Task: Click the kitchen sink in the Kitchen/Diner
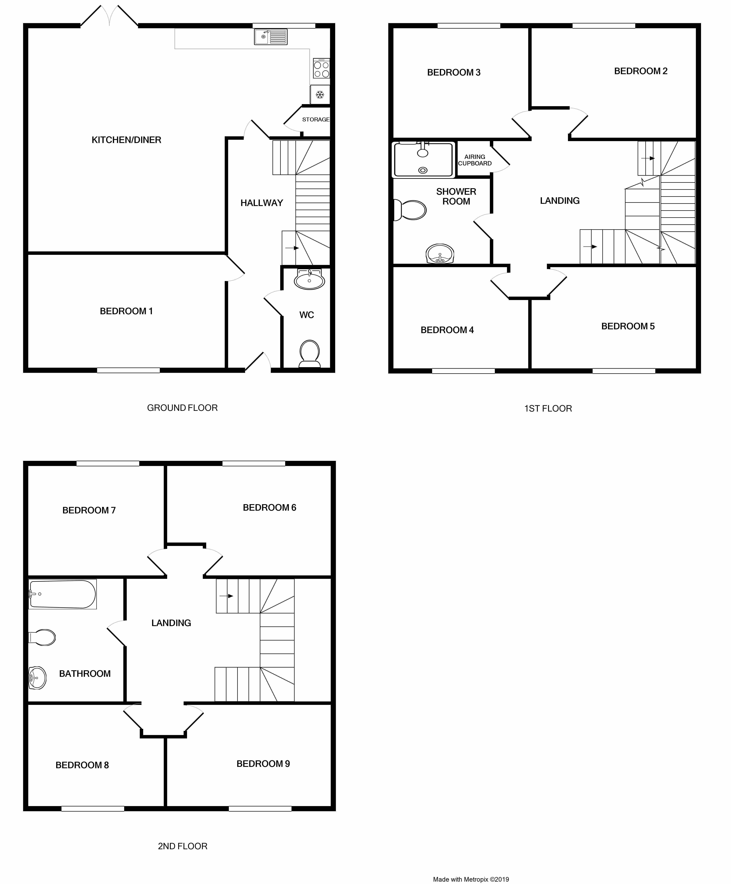pyautogui.click(x=271, y=37)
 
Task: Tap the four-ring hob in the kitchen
pyautogui.click(x=321, y=68)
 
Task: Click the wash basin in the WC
pyautogui.click(x=309, y=279)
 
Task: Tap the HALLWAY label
pyautogui.click(x=262, y=203)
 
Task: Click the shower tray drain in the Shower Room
pyautogui.click(x=423, y=170)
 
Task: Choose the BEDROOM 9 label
pyautogui.click(x=263, y=764)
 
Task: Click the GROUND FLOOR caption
pyautogui.click(x=182, y=408)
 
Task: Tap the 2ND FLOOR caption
pyautogui.click(x=183, y=846)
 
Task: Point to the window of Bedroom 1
pyautogui.click(x=128, y=370)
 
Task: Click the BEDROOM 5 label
pyautogui.click(x=628, y=326)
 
